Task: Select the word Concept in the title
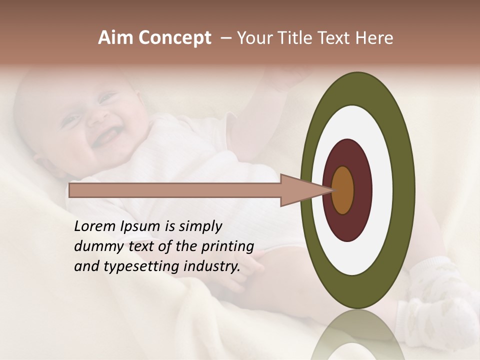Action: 174,38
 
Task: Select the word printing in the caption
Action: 227,247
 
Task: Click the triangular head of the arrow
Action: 300,190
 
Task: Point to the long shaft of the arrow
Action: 175,190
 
